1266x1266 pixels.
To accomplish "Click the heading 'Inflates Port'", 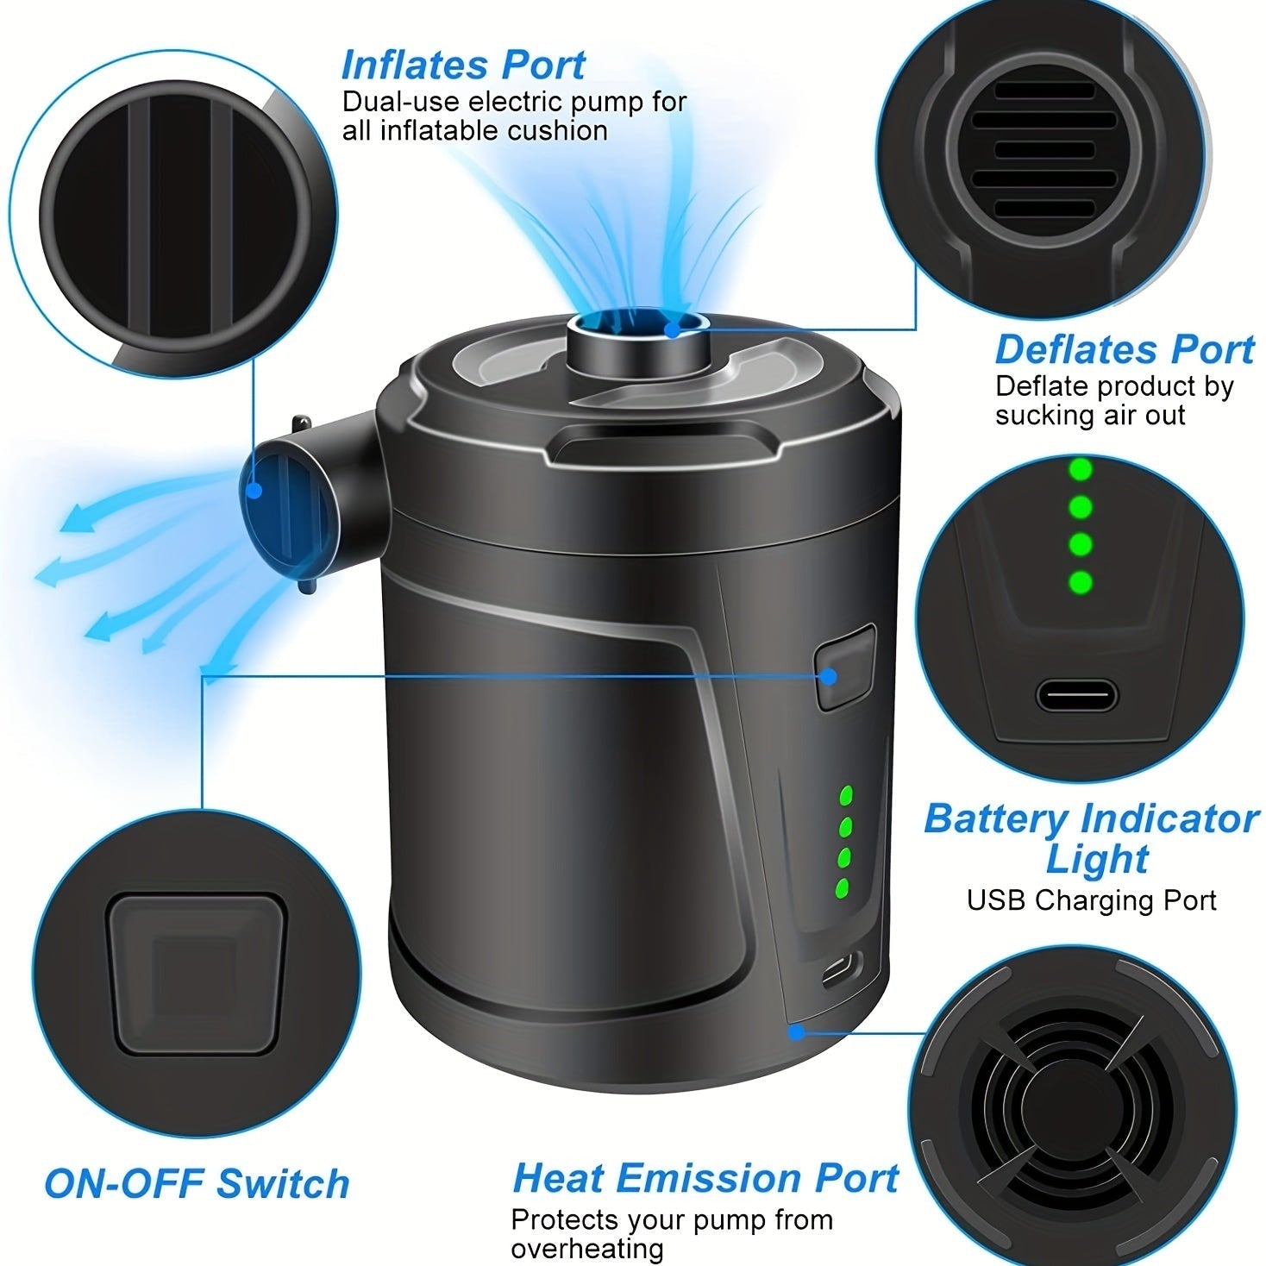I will (463, 65).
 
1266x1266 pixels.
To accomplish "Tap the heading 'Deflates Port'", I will (1124, 349).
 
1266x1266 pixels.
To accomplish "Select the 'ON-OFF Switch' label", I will (197, 1183).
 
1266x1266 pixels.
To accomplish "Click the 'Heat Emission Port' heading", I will (705, 1177).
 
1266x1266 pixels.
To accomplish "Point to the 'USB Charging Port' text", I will (1091, 900).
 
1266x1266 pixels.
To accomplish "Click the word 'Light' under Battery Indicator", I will (1097, 859).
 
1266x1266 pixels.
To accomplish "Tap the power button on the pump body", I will (843, 669).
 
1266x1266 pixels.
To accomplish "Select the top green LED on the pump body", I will (846, 794).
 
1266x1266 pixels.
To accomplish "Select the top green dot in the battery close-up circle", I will (1080, 470).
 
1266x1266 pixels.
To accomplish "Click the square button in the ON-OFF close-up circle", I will (196, 973).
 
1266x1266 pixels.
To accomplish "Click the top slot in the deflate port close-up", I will (1044, 91).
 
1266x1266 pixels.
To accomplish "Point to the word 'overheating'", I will (587, 1249).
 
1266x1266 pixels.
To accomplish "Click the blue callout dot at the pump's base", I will (796, 1031).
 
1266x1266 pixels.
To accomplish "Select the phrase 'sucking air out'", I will (1090, 415).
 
